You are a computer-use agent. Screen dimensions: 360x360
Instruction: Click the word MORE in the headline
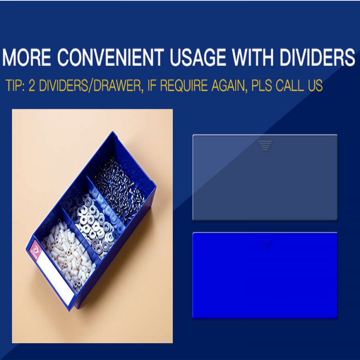tap(26, 57)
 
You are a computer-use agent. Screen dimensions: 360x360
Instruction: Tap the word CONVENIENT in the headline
tap(110, 57)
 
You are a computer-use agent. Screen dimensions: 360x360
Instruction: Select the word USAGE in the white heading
tap(198, 57)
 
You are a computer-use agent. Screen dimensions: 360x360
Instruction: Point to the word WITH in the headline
tap(252, 57)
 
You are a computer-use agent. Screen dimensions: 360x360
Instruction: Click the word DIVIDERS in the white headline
tap(317, 57)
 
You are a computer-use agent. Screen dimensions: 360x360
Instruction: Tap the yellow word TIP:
tap(15, 86)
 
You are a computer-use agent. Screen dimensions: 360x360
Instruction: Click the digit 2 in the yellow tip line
tap(32, 86)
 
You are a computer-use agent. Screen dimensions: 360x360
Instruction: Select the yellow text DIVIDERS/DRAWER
tap(90, 86)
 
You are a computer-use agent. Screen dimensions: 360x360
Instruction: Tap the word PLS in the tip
tap(262, 86)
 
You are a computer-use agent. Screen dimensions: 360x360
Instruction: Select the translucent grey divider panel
tap(265, 177)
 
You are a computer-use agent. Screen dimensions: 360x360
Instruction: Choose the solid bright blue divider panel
tap(265, 275)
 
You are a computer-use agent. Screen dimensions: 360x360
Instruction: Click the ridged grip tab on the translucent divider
tap(265, 146)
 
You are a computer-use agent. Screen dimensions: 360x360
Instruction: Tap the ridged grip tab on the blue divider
tap(265, 244)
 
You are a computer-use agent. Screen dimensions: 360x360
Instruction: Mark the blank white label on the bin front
tap(55, 278)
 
